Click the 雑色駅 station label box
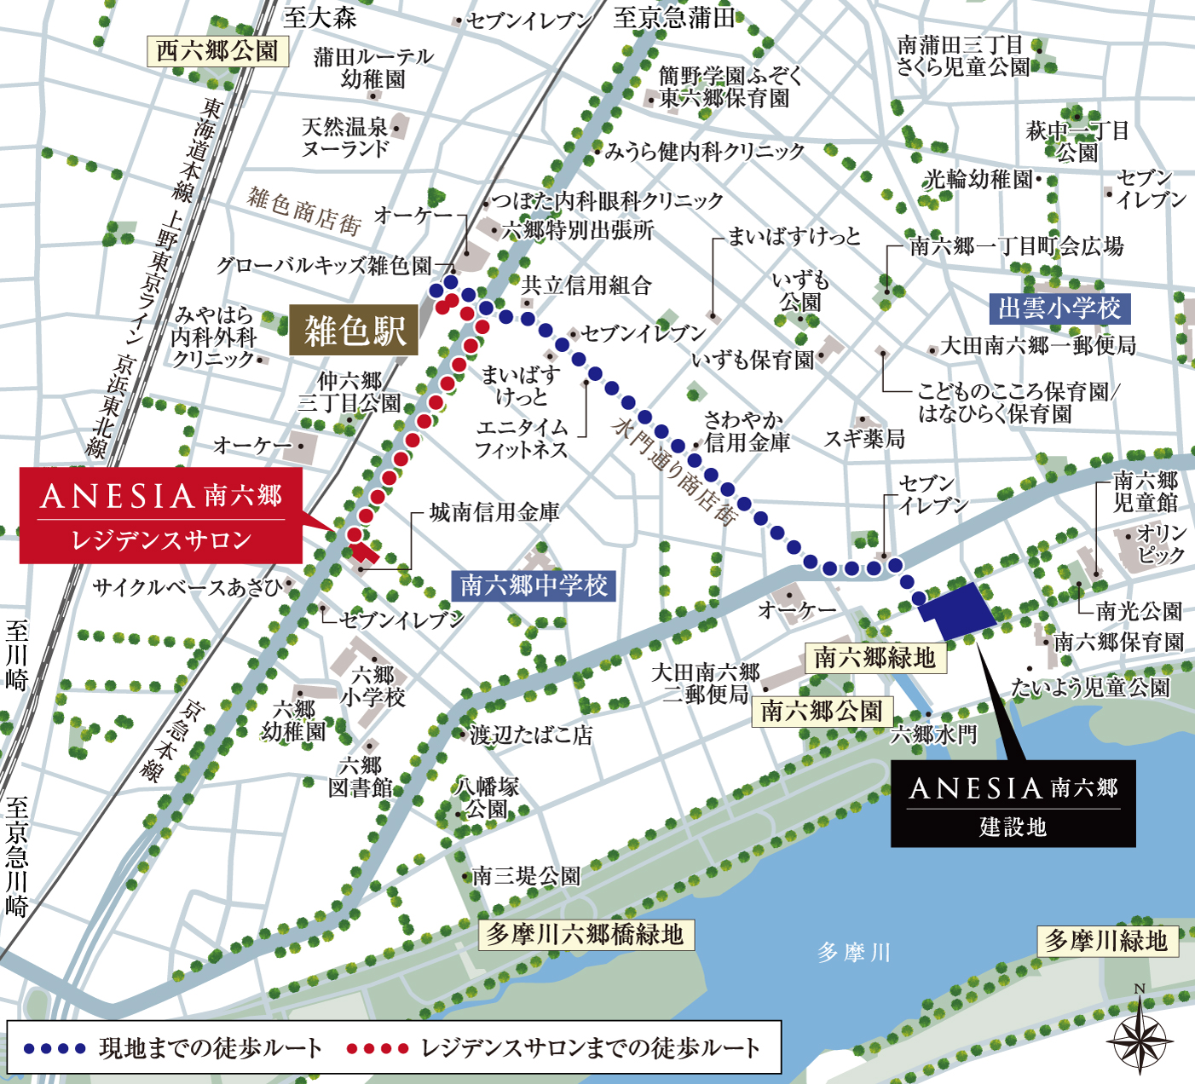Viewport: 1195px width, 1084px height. tap(354, 330)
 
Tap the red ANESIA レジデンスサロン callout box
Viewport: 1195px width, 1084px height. tap(160, 515)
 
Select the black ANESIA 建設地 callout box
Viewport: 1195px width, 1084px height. tap(1013, 803)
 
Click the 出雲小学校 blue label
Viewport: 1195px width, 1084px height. tap(1059, 308)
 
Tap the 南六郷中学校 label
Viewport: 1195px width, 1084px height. tap(534, 585)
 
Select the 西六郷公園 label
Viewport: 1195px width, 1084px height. tap(217, 51)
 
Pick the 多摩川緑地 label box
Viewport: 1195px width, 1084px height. tap(1106, 941)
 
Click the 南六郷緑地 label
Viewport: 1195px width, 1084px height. tap(875, 657)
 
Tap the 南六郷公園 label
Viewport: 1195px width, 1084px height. tap(822, 711)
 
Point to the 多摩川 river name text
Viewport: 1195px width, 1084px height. tap(853, 952)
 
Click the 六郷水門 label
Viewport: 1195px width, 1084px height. tap(933, 735)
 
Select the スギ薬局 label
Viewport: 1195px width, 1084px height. tap(864, 439)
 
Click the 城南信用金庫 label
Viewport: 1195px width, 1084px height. tap(494, 512)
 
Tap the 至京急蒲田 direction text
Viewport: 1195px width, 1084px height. tap(673, 18)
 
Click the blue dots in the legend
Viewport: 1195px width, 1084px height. tap(55, 1048)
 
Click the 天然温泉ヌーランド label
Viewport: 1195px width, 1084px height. tap(344, 137)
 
